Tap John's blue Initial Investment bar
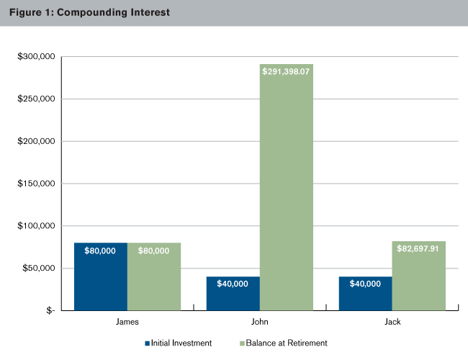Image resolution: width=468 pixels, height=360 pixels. (x=233, y=294)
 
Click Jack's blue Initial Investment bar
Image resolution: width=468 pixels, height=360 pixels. (x=365, y=294)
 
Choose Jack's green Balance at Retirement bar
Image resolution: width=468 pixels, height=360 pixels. (x=419, y=281)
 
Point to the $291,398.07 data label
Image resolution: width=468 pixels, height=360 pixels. (x=287, y=73)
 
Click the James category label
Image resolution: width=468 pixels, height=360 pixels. (x=127, y=323)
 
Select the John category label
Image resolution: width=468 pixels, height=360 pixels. (x=260, y=323)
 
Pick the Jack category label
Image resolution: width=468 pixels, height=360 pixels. (x=392, y=323)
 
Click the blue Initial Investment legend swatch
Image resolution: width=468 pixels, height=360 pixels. (x=148, y=343)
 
